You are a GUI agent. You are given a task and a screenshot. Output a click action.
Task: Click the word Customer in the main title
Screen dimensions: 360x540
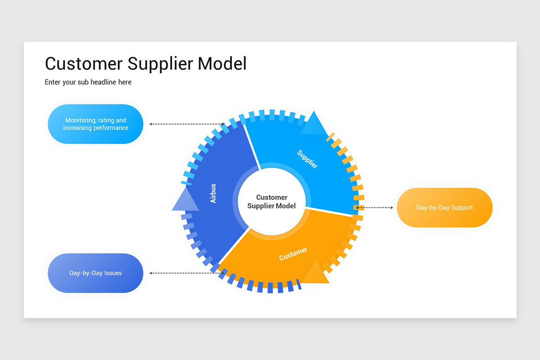pos(84,63)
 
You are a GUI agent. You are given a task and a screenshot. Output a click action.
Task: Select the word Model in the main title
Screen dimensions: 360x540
pos(222,63)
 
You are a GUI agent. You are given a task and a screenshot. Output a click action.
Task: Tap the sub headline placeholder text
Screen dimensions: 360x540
pos(88,82)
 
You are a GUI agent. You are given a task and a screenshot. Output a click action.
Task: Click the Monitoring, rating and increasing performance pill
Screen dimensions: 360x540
pos(95,124)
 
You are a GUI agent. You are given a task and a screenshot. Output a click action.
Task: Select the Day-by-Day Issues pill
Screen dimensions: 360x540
pos(95,273)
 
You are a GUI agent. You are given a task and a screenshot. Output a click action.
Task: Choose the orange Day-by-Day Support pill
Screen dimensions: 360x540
pos(444,207)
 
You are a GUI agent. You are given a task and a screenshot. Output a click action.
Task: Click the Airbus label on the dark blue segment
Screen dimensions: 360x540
pos(213,193)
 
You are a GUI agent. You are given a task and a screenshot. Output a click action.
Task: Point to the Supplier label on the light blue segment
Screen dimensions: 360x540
pos(307,159)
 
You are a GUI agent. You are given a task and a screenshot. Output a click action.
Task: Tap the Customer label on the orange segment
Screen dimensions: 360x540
pos(293,254)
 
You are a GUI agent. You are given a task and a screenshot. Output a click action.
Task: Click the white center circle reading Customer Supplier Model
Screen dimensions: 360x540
pos(271,201)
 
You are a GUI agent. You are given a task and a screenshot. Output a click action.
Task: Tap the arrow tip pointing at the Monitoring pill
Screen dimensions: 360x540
pos(151,124)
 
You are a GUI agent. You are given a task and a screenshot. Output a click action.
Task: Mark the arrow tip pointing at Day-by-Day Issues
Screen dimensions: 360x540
pos(151,273)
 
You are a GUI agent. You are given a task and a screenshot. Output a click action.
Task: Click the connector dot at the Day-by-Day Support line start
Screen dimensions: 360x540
pos(357,207)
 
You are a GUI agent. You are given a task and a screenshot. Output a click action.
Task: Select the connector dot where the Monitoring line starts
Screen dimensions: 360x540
pos(222,124)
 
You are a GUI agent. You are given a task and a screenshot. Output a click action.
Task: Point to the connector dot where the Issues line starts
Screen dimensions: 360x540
pos(222,273)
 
